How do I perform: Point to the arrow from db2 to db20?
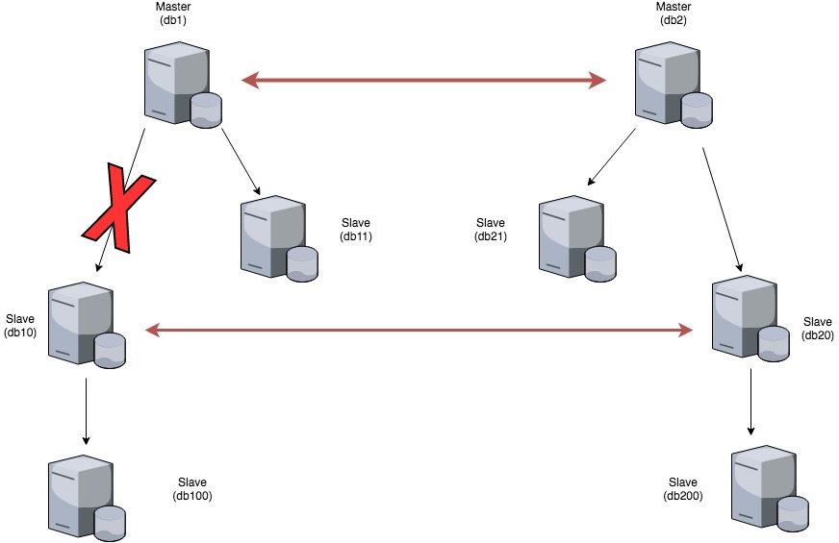(723, 208)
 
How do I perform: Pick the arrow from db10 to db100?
(87, 411)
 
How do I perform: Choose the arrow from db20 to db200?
(750, 404)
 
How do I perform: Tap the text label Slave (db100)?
(192, 489)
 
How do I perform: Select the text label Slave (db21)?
(490, 230)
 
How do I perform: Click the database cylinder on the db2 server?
(698, 110)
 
